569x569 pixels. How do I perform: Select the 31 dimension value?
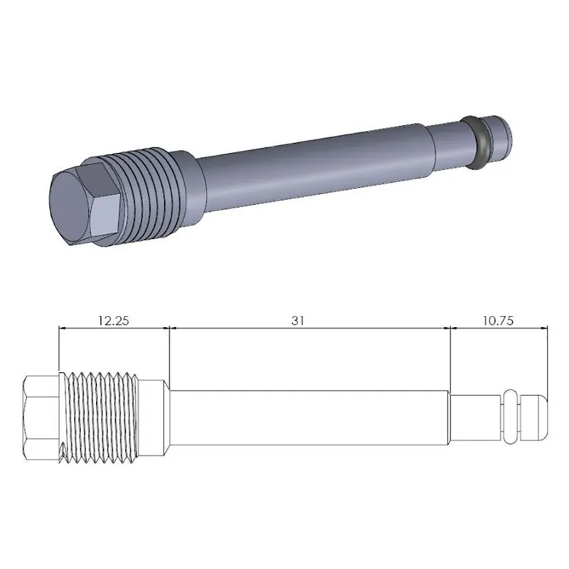(297, 320)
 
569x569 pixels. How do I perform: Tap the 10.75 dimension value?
(499, 320)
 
